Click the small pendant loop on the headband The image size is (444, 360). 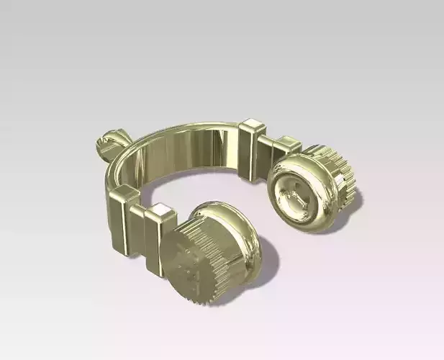pyautogui.click(x=107, y=142)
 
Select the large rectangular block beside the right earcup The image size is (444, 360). pyautogui.click(x=253, y=150)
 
